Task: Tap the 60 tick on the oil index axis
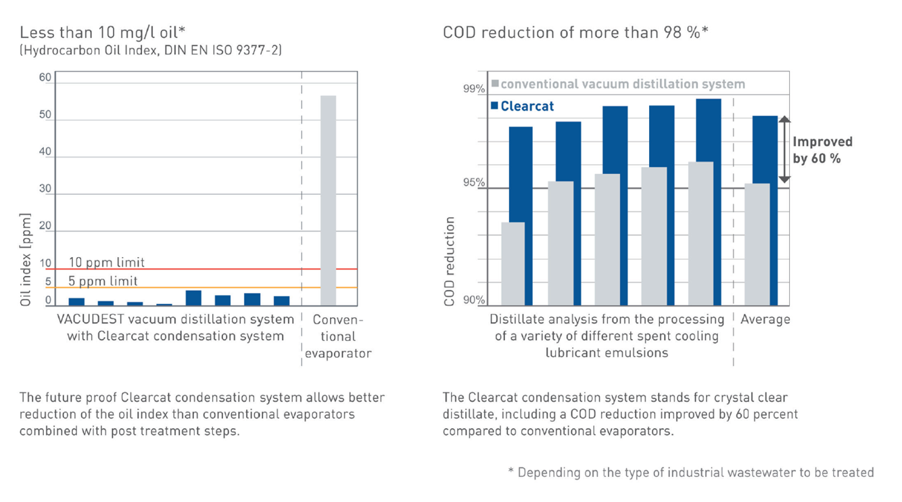[45, 78]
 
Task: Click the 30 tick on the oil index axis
[45, 189]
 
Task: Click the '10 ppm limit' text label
[107, 262]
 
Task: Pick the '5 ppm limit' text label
[103, 281]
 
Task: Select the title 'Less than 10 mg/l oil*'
[103, 32]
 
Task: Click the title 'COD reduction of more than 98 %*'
[575, 32]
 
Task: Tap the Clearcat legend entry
[522, 106]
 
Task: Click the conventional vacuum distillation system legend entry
[618, 85]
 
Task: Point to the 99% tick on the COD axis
[474, 89]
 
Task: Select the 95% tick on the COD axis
[474, 183]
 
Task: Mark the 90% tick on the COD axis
[474, 300]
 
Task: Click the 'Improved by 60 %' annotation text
[822, 150]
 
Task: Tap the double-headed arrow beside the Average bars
[784, 150]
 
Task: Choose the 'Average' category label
[765, 319]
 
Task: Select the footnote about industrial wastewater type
[691, 472]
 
